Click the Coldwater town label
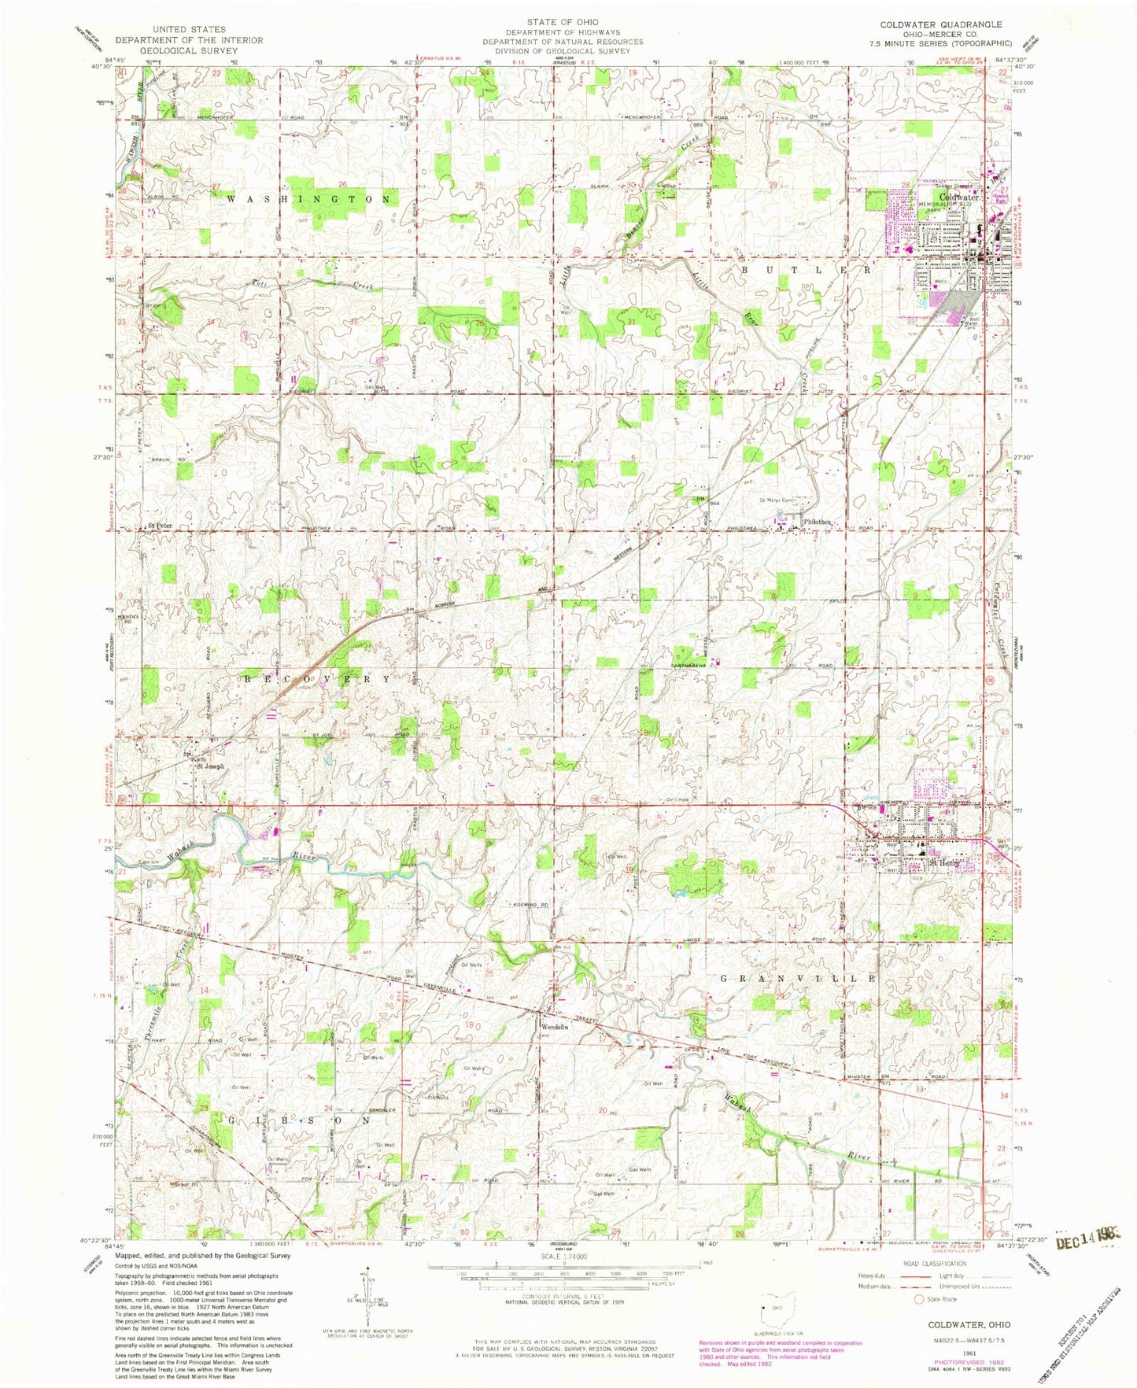tap(958, 197)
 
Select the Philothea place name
tap(817, 522)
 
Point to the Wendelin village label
tap(554, 1027)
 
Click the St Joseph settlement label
tap(209, 766)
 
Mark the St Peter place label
tap(160, 525)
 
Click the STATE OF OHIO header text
tap(563, 22)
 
